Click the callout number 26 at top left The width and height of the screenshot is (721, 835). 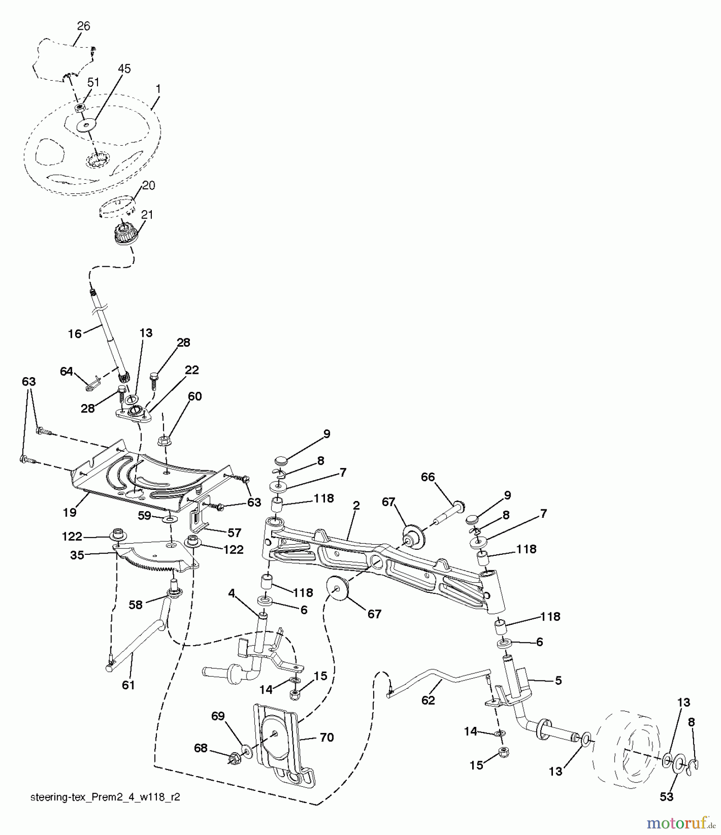(x=84, y=26)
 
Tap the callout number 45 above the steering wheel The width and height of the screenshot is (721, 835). (x=124, y=68)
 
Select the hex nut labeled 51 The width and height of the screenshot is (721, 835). (x=80, y=108)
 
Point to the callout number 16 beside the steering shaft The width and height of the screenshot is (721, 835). (x=75, y=333)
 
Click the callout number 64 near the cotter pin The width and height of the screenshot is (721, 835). (x=67, y=371)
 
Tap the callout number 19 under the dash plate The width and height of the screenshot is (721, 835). (x=70, y=512)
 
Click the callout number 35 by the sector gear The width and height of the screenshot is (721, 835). (x=78, y=555)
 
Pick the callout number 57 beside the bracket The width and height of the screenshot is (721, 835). (x=234, y=533)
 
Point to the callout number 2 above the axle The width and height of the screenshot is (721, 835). (x=356, y=505)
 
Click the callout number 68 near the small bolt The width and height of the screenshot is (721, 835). (x=201, y=749)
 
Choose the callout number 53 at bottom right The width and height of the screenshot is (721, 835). (x=667, y=797)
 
